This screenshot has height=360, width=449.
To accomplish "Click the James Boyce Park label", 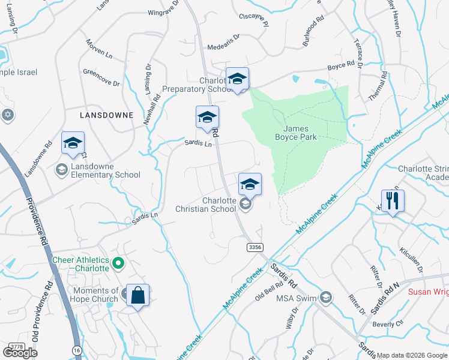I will click(300, 132).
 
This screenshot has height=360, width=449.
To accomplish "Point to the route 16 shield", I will click(76, 350).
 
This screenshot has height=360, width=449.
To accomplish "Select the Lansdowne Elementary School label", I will click(106, 170).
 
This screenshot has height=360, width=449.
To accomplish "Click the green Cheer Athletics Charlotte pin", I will click(119, 262).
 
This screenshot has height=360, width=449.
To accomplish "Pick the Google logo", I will click(20, 353).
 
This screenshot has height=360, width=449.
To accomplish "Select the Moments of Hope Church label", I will click(94, 295).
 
